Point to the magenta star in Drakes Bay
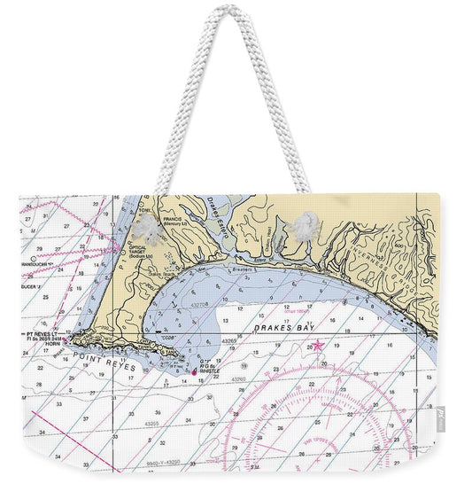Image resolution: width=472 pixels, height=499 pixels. (318, 346)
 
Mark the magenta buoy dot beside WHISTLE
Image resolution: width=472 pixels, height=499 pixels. (194, 371)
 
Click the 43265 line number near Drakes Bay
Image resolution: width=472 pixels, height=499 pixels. (228, 340)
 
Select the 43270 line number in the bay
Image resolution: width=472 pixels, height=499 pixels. (200, 304)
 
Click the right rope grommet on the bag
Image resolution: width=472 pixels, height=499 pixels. (302, 226)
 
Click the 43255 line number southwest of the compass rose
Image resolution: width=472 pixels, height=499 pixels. (151, 425)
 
